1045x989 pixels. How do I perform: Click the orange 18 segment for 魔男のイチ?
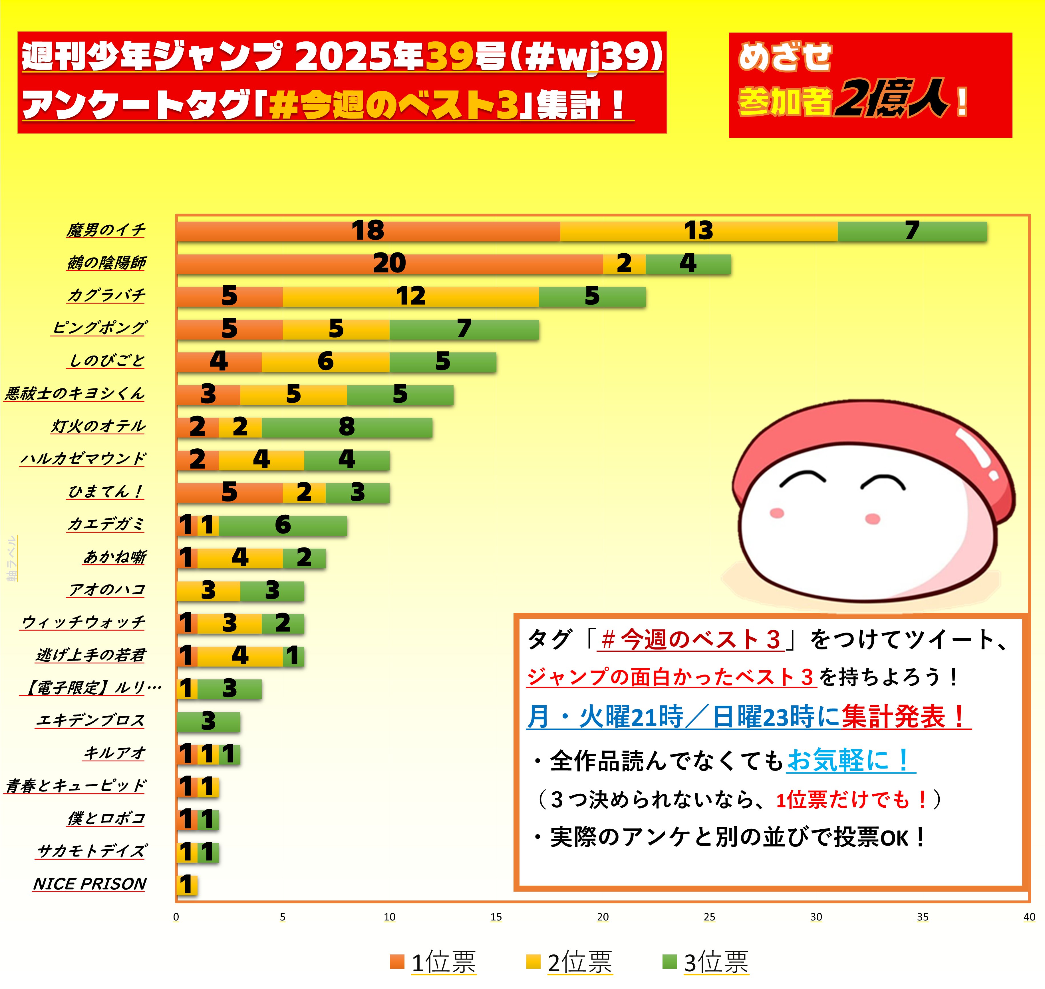[x=368, y=231]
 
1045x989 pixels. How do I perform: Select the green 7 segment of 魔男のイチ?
[x=912, y=231]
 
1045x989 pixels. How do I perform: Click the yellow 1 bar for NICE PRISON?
[x=187, y=885]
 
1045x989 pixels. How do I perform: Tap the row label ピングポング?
[x=99, y=328]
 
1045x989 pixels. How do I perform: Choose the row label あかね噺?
[x=114, y=557]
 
